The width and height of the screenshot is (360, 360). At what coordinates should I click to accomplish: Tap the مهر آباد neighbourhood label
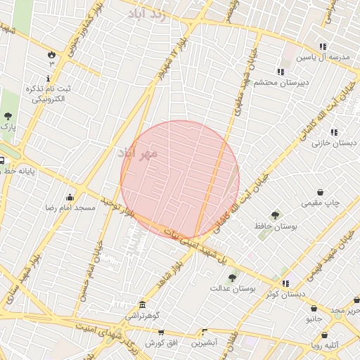[x=137, y=152]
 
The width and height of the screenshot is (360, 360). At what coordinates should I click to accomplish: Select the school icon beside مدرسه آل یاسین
[x=323, y=46]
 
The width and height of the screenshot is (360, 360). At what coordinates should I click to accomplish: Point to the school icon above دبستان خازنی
[x=334, y=131]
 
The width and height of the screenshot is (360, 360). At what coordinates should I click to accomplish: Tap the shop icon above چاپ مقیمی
[x=321, y=192]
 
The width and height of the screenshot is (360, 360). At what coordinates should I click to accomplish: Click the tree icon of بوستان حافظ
[x=275, y=216]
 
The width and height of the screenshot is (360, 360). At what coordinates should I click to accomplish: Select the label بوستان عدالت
[x=233, y=288]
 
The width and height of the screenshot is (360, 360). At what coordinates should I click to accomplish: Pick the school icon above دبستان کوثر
[x=285, y=283]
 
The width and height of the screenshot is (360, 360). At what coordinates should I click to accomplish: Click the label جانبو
[x=314, y=319]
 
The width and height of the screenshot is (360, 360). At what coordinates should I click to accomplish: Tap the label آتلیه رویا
[x=326, y=345]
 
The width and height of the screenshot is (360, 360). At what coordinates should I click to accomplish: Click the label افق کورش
[x=160, y=343]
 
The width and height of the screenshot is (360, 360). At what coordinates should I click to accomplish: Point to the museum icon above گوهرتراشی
[x=143, y=304]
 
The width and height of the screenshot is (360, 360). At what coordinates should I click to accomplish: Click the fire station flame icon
[x=51, y=54]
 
